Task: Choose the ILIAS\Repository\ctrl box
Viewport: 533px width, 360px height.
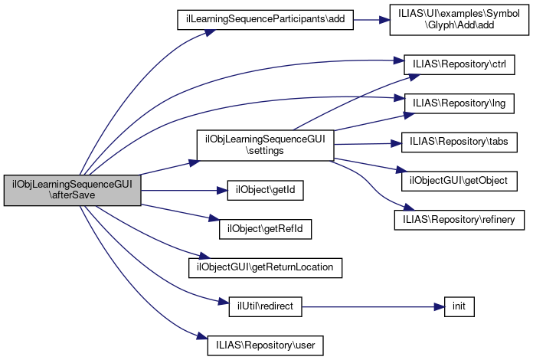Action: click(458, 63)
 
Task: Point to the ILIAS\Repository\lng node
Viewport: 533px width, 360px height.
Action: click(458, 102)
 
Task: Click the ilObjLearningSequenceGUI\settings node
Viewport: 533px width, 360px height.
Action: click(264, 145)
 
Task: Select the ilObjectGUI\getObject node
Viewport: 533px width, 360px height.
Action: click(459, 181)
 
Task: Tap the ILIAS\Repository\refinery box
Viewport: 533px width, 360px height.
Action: click(459, 220)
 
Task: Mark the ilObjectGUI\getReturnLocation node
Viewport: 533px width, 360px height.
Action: click(264, 267)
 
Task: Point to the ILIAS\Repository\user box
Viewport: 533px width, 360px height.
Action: click(264, 345)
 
